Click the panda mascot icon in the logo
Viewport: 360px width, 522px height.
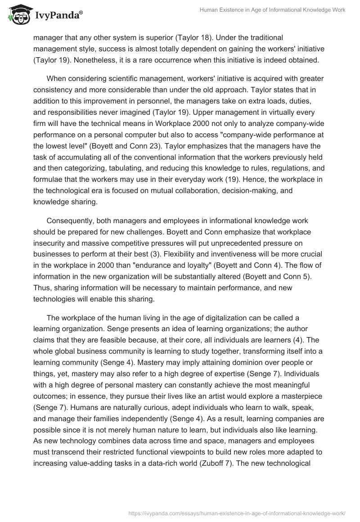(x=17, y=15)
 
